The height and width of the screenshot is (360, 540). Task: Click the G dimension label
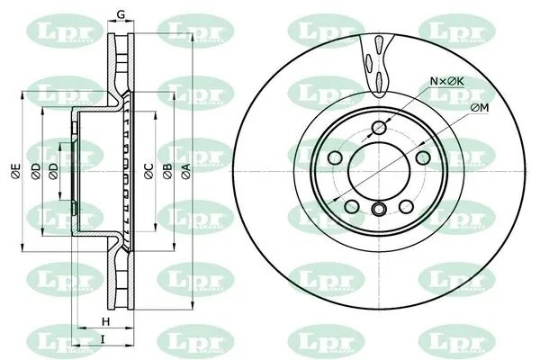[121, 13]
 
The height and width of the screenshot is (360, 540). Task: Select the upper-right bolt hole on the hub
[421, 159]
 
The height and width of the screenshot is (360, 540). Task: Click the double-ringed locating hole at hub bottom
[379, 211]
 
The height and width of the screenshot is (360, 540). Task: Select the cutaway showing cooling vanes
[378, 58]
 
